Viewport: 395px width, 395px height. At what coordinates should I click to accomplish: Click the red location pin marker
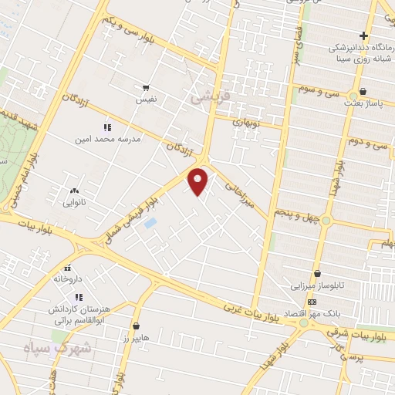click(x=199, y=182)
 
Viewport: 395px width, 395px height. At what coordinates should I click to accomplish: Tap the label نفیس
click(x=146, y=100)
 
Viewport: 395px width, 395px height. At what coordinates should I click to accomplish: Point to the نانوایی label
click(x=75, y=204)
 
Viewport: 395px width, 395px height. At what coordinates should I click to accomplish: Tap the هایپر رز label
click(x=136, y=338)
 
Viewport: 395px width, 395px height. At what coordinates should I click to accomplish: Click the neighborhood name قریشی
click(x=207, y=99)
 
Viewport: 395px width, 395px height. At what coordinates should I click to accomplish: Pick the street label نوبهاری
click(x=248, y=121)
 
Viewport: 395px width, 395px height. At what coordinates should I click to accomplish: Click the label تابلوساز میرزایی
click(x=318, y=285)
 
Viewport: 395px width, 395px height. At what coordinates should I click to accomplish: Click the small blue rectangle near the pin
click(x=150, y=223)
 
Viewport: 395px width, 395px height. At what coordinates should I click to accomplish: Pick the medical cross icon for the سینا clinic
click(x=363, y=35)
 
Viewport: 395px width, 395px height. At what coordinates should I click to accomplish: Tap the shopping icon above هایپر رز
click(x=136, y=326)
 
